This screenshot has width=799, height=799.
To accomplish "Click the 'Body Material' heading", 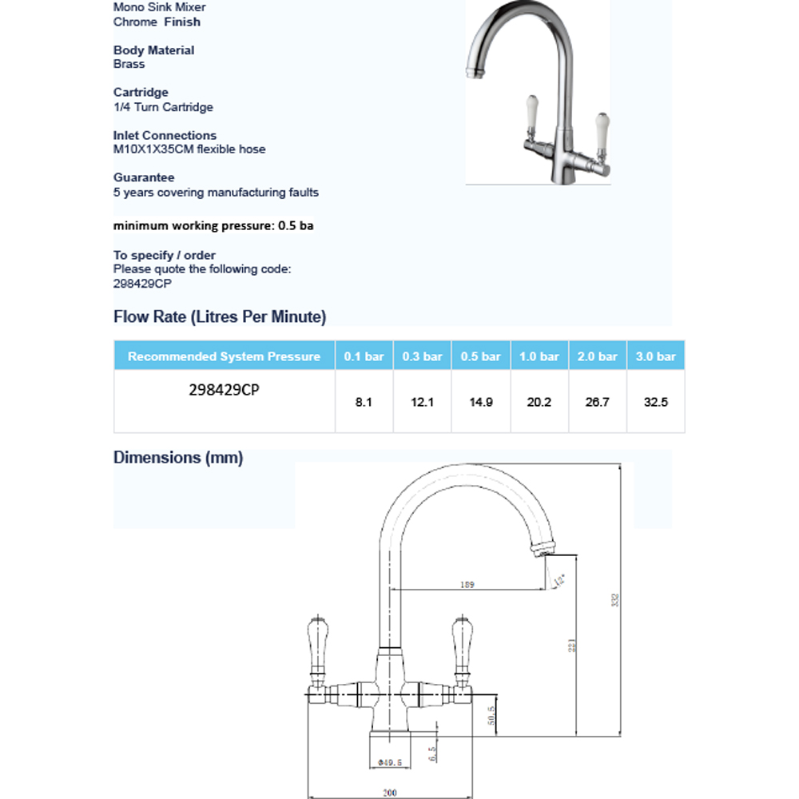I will (x=153, y=50).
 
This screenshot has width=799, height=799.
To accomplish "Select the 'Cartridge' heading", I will (x=141, y=93).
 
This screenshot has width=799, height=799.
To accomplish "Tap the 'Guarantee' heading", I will (x=144, y=177).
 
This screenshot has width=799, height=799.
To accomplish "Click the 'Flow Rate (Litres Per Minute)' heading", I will (x=220, y=317).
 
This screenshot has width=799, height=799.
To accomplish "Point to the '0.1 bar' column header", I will (x=364, y=356).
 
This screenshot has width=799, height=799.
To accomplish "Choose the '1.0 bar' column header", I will (x=539, y=356).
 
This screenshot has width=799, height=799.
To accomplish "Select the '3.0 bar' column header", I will (x=655, y=356).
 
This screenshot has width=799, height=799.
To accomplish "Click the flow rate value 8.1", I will (x=364, y=403).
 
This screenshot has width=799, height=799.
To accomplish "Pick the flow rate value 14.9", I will (x=480, y=403).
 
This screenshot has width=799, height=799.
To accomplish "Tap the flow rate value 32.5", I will (x=655, y=403).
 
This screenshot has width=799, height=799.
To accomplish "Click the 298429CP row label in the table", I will (x=224, y=392).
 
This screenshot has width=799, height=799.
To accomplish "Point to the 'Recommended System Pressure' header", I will (x=224, y=356).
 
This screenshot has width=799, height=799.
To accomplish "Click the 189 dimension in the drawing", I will (x=468, y=585).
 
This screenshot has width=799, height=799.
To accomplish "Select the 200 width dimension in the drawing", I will (x=389, y=793).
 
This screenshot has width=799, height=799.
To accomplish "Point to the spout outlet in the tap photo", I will (x=473, y=73).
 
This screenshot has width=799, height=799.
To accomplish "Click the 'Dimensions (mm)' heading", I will (x=178, y=458).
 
